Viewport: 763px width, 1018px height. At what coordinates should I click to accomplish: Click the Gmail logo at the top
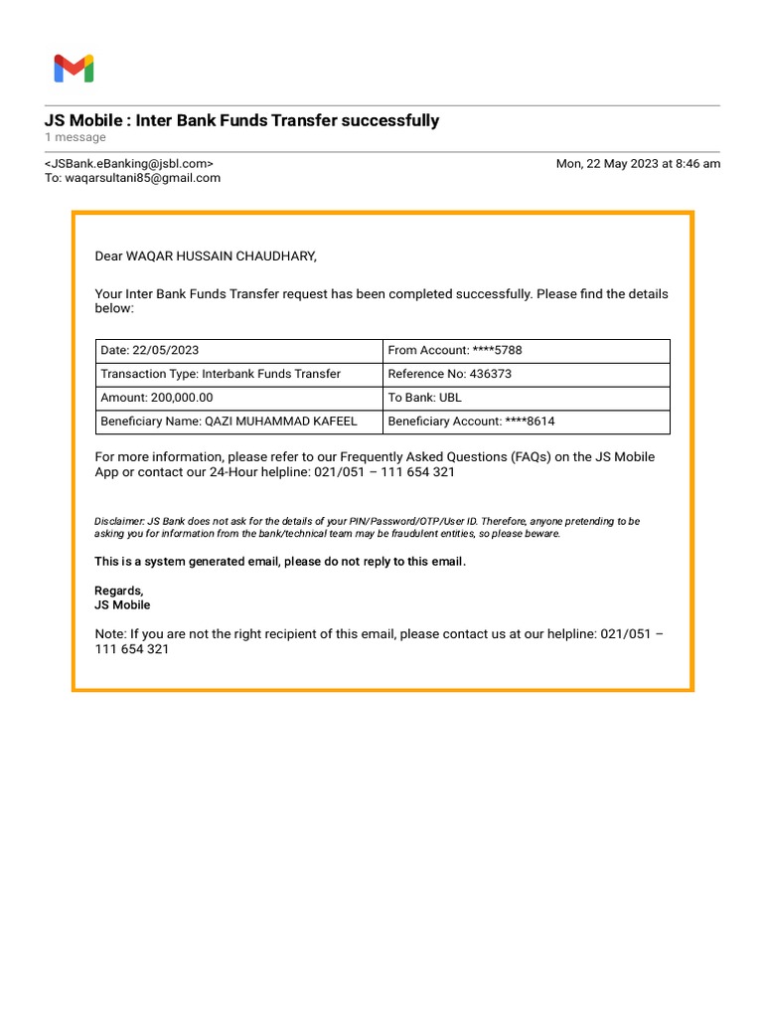click(74, 69)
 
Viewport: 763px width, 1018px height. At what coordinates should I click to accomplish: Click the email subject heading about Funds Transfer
click(241, 120)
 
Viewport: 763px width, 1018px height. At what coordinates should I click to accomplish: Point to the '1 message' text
click(75, 137)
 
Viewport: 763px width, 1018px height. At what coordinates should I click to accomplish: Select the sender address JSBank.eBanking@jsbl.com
click(128, 164)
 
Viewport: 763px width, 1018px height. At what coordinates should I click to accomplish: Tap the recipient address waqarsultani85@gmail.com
click(142, 178)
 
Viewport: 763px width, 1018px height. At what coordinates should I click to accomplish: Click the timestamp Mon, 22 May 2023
click(638, 164)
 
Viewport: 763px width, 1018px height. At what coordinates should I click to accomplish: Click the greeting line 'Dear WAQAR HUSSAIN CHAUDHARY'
click(206, 256)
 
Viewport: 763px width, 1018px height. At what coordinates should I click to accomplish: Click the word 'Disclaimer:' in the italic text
click(119, 521)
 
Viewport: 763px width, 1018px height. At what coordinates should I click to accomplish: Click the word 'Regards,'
click(119, 591)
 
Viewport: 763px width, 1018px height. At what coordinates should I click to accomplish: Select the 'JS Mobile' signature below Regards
click(122, 604)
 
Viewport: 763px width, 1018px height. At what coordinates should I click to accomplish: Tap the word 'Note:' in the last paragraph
click(110, 634)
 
